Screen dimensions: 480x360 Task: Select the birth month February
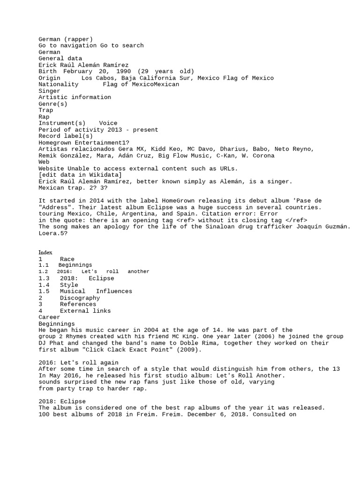coord(77,71)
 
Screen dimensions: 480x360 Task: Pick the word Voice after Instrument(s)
coord(108,123)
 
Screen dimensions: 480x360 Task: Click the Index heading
coord(45,252)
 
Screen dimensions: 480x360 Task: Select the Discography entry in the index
coord(80,298)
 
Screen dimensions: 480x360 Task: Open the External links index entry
coord(85,311)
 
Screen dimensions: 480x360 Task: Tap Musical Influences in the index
coord(96,291)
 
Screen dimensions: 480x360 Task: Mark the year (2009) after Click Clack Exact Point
coord(191,350)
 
